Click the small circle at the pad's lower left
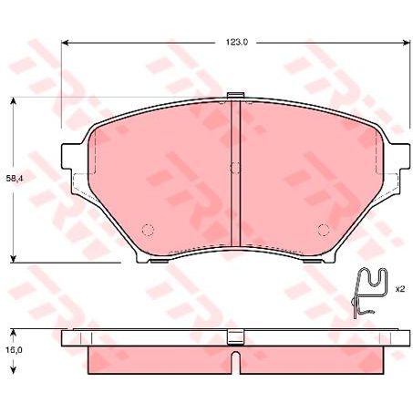(150, 229)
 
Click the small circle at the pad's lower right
(321, 229)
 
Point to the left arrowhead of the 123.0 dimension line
(66, 42)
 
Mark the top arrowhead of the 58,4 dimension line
(14, 103)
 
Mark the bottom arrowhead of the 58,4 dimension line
(14, 258)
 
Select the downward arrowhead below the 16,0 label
(14, 371)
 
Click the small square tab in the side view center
(234, 336)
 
